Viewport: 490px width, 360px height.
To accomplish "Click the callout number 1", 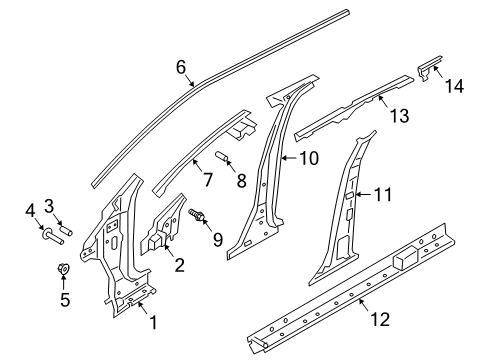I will (153, 323).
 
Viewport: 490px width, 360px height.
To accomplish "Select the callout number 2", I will (178, 265).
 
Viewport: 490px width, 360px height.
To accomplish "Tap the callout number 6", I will (182, 68).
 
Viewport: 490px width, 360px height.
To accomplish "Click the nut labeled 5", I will (62, 270).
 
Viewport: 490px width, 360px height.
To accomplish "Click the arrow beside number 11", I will (367, 196).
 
